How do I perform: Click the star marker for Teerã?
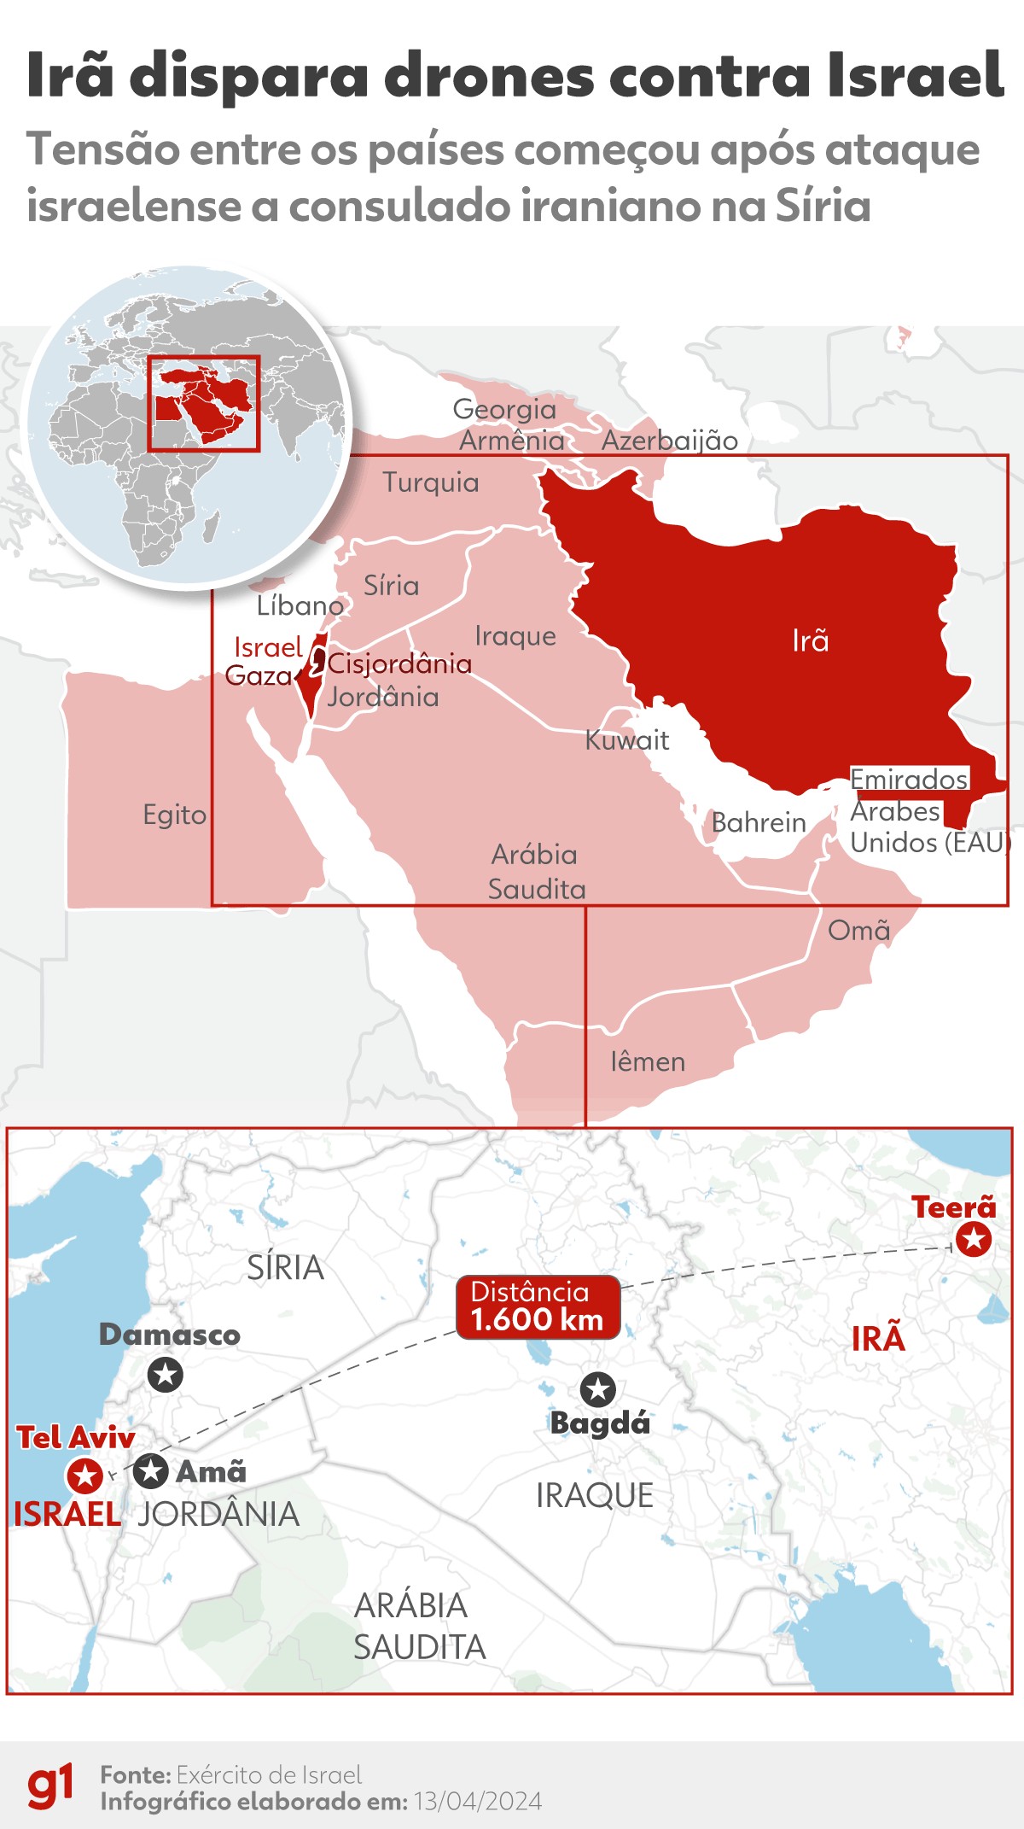[x=973, y=1239]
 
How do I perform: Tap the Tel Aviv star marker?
[x=85, y=1475]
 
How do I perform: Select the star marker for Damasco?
[x=165, y=1375]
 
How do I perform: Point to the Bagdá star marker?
[x=597, y=1389]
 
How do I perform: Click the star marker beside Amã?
[x=151, y=1470]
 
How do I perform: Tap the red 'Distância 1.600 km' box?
[x=537, y=1306]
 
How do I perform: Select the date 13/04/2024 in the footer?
[x=478, y=1802]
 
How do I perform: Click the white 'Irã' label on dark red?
[x=810, y=640]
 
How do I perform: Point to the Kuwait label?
[x=626, y=740]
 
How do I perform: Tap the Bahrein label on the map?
[x=758, y=822]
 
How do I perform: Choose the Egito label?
[x=174, y=815]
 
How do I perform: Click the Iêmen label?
[x=648, y=1061]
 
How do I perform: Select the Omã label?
[x=858, y=930]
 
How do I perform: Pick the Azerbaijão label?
[x=669, y=441]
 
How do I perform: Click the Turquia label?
[x=430, y=482]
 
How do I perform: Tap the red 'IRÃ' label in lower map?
[x=877, y=1339]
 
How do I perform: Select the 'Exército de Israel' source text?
[x=269, y=1775]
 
